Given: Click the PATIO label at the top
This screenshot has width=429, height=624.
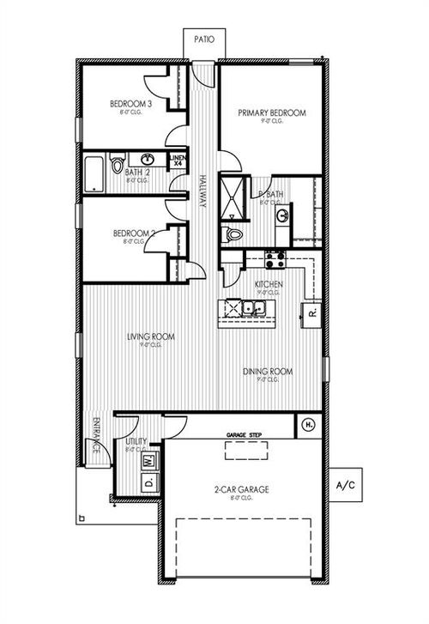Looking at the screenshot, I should (x=203, y=39).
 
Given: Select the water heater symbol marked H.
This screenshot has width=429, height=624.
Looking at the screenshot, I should (x=309, y=424).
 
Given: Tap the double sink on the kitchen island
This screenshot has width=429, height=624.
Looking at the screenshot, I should (x=252, y=307).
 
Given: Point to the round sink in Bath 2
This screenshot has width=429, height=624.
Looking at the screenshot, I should (x=148, y=160).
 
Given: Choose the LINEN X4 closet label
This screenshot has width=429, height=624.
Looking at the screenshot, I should (x=178, y=161).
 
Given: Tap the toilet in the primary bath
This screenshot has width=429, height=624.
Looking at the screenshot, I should (x=233, y=234).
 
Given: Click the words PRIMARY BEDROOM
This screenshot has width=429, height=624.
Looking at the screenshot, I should (x=271, y=112).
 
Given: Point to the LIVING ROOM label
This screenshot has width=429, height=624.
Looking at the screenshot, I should (x=151, y=337).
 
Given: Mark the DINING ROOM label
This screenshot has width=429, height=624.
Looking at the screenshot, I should (x=268, y=372).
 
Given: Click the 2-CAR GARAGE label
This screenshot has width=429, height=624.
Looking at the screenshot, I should (x=241, y=489).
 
